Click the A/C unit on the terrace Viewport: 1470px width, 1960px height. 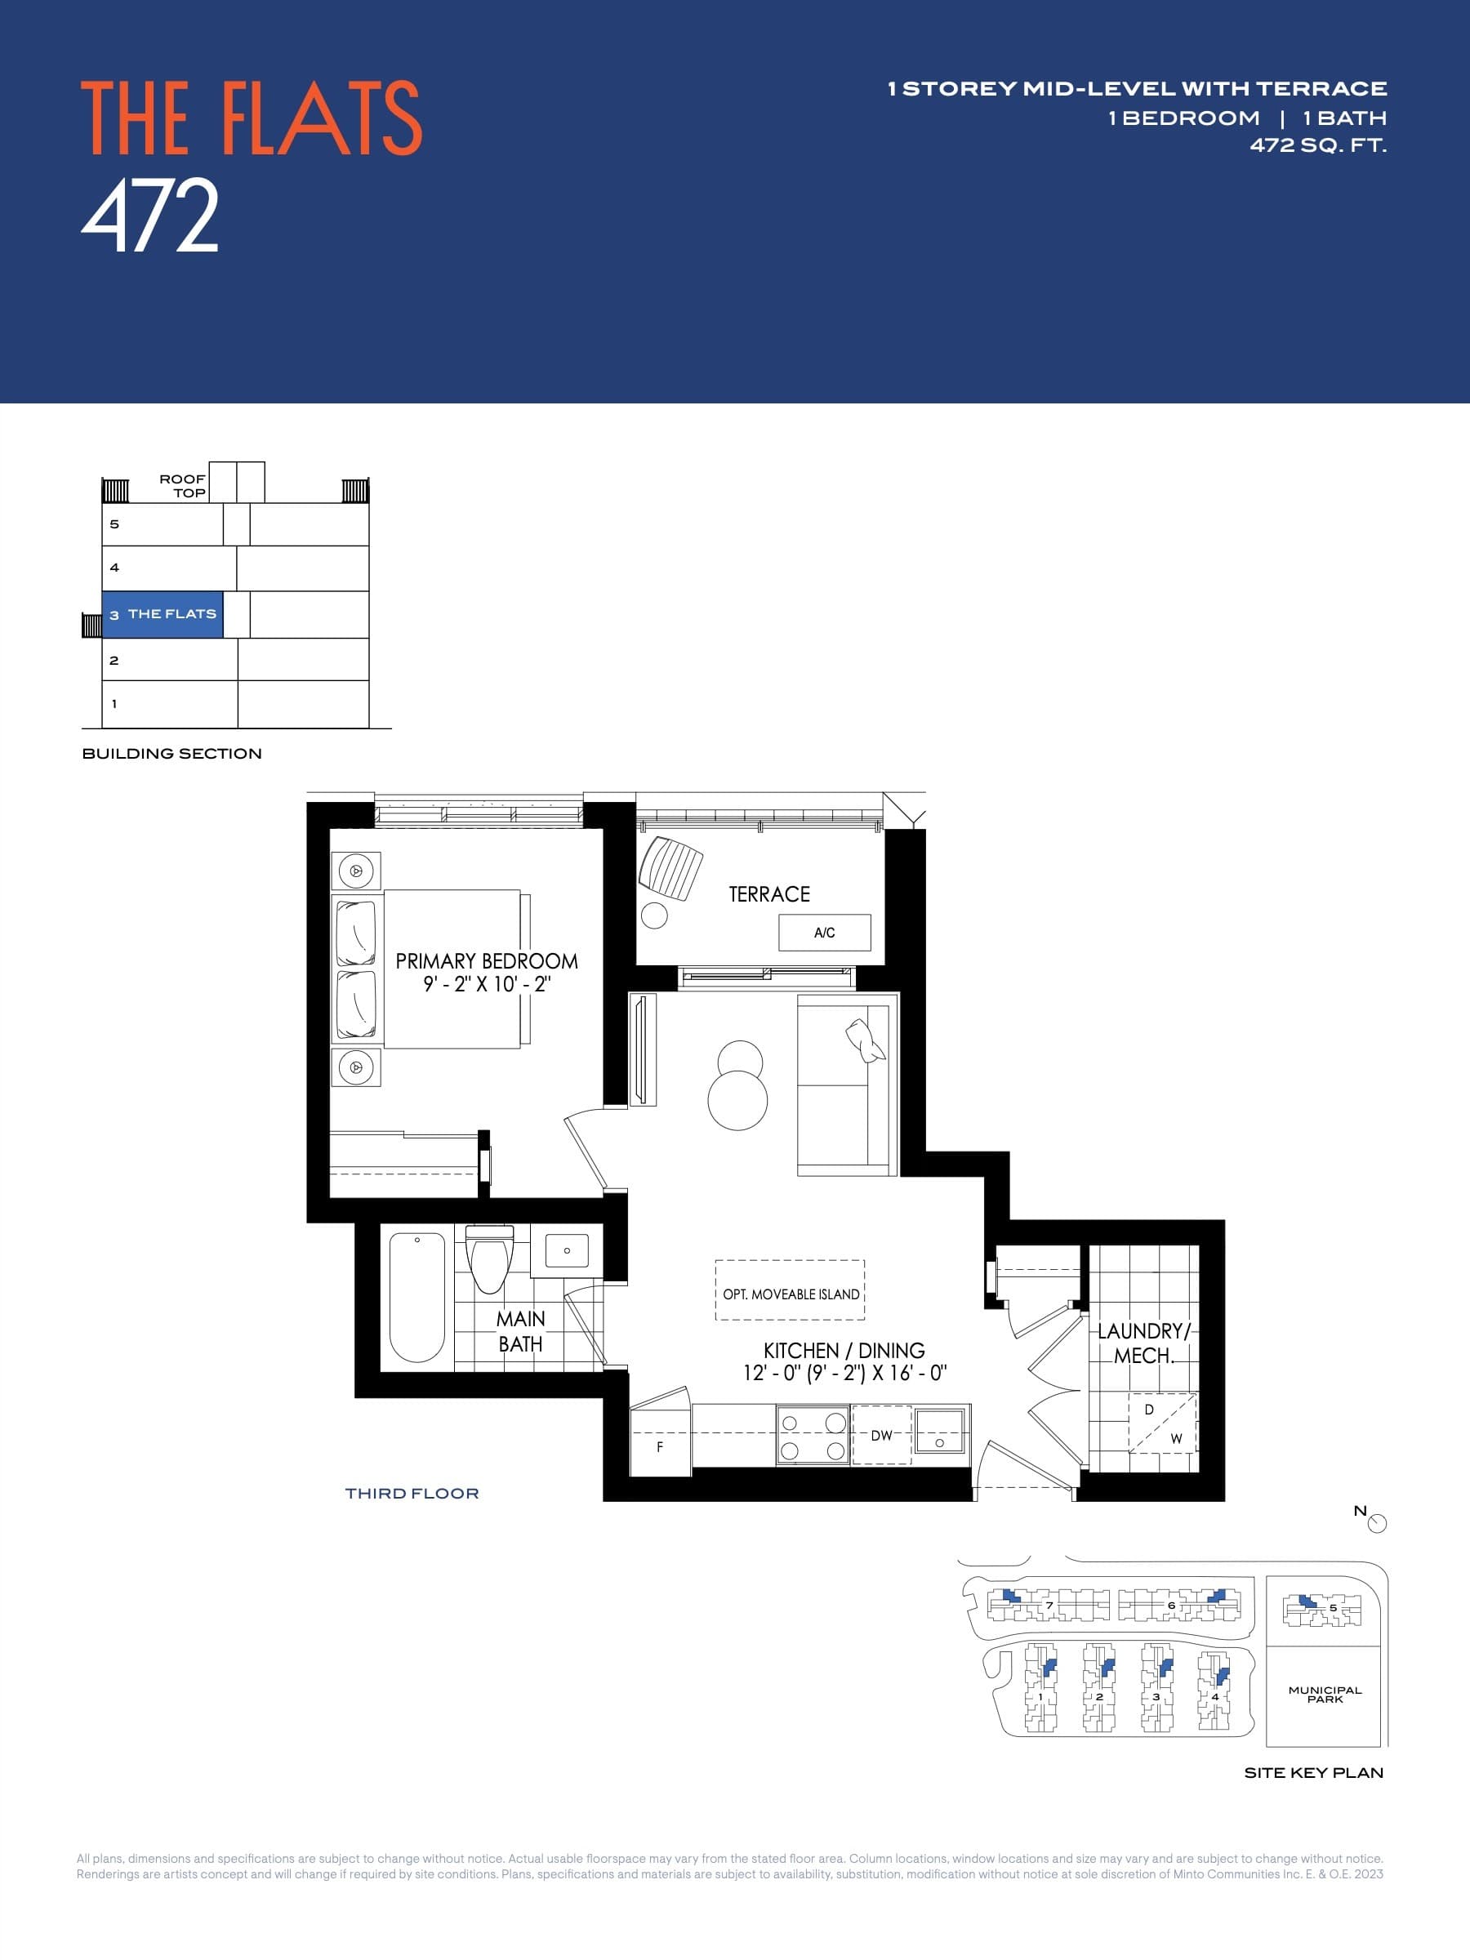[824, 932]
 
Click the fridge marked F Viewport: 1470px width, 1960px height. [659, 1447]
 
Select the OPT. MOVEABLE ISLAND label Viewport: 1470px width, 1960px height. [791, 1294]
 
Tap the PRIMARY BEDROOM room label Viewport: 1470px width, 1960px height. [487, 961]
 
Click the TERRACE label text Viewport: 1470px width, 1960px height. [769, 894]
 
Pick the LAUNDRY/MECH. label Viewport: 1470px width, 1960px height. [1143, 1343]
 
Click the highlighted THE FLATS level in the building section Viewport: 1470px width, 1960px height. [163, 614]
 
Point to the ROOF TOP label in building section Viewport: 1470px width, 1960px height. [183, 486]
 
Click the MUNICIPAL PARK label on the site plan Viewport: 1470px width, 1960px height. [1325, 1695]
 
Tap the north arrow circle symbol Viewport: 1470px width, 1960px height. [1377, 1523]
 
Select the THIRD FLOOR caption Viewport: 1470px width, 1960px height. [412, 1494]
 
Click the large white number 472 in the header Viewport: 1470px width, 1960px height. [149, 216]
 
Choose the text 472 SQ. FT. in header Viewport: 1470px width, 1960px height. [1317, 145]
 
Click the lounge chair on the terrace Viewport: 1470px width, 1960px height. [670, 867]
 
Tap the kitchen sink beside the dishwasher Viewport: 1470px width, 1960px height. [939, 1430]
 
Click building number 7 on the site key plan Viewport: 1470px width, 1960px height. [1049, 1606]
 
